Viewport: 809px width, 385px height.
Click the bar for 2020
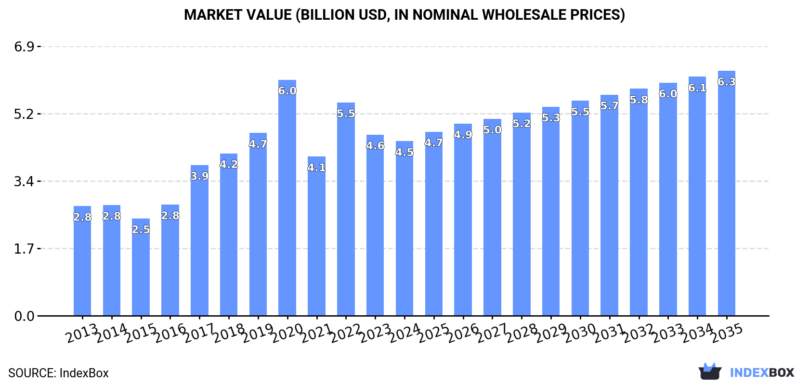pyautogui.click(x=287, y=202)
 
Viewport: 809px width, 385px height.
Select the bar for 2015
pyautogui.click(x=141, y=269)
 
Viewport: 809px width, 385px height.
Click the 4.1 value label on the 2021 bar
pyautogui.click(x=316, y=167)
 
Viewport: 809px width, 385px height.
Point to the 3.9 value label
pyautogui.click(x=199, y=176)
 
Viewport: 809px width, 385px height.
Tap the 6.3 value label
pyautogui.click(x=726, y=82)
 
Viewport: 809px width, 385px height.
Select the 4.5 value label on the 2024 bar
pyautogui.click(x=404, y=152)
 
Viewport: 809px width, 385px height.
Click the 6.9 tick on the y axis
pyautogui.click(x=24, y=47)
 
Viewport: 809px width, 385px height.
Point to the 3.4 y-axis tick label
pyautogui.click(x=24, y=181)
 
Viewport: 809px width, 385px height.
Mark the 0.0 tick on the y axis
pyautogui.click(x=24, y=316)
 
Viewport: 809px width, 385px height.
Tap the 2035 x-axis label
pyautogui.click(x=727, y=333)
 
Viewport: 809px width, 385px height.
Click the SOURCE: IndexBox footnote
pyautogui.click(x=58, y=373)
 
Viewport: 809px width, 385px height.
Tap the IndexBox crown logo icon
pyautogui.click(x=710, y=372)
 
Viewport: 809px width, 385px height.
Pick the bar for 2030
pyautogui.click(x=580, y=212)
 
